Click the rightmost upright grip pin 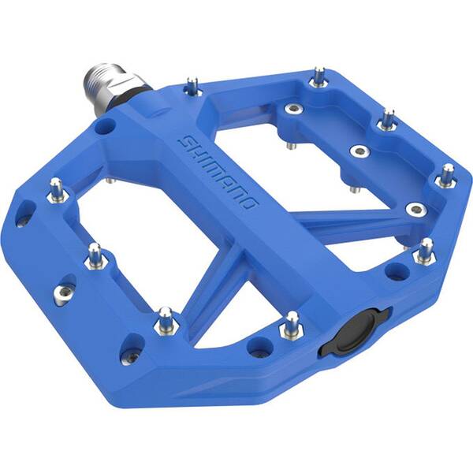tap(446, 176)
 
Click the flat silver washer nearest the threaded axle tap(292, 108)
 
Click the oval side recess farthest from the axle tap(132, 357)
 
